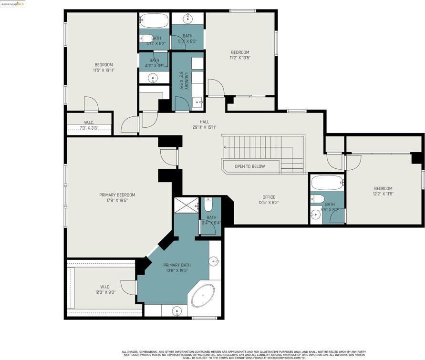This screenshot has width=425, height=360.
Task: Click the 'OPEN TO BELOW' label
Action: click(x=249, y=166)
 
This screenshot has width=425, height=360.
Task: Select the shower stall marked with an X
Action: click(x=185, y=205)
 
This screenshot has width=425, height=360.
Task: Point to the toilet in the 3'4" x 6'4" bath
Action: click(x=208, y=206)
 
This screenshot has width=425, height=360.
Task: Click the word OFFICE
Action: click(x=269, y=197)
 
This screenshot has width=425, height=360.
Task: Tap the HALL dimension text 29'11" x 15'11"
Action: click(x=204, y=127)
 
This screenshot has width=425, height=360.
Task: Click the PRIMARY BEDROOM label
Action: click(x=117, y=195)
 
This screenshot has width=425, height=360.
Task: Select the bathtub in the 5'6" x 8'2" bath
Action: click(x=327, y=182)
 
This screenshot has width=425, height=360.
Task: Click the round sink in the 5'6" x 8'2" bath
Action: click(x=315, y=215)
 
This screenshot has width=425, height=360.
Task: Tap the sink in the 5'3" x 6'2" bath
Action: click(x=188, y=19)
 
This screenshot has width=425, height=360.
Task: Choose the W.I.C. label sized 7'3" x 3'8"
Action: click(x=89, y=128)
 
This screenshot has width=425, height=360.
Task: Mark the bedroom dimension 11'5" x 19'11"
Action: click(x=104, y=71)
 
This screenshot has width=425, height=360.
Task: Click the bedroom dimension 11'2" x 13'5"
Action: click(x=240, y=58)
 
